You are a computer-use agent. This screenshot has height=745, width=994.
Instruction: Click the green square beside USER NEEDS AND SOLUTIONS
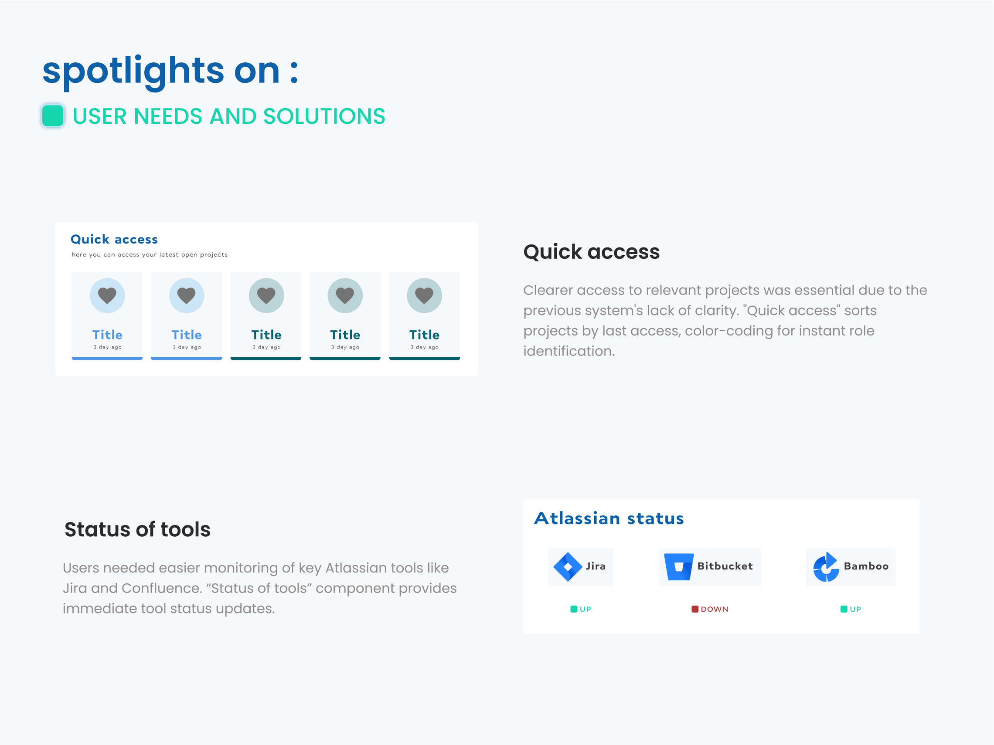pyautogui.click(x=53, y=116)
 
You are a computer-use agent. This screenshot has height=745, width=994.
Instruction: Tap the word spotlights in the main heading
pyautogui.click(x=133, y=72)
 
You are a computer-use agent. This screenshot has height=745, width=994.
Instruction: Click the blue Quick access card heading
pyautogui.click(x=114, y=239)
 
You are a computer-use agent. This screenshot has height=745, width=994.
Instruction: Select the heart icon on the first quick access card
pyautogui.click(x=107, y=295)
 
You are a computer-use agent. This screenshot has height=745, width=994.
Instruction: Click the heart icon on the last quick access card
pyautogui.click(x=424, y=295)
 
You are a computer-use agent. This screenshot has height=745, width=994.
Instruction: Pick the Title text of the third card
pyautogui.click(x=266, y=335)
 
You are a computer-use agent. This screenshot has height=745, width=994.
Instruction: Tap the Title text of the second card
pyautogui.click(x=187, y=335)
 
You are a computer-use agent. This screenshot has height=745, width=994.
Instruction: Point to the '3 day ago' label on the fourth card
pyautogui.click(x=345, y=347)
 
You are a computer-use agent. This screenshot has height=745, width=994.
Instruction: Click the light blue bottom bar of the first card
pyautogui.click(x=107, y=359)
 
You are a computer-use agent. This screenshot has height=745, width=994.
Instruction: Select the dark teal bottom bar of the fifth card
pyautogui.click(x=424, y=359)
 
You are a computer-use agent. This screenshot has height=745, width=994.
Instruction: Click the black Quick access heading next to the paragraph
pyautogui.click(x=591, y=251)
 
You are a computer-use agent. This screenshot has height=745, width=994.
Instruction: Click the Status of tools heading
pyautogui.click(x=137, y=529)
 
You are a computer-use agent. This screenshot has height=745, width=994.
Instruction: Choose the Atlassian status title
pyautogui.click(x=609, y=518)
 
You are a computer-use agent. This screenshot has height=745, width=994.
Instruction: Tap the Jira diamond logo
pyautogui.click(x=568, y=567)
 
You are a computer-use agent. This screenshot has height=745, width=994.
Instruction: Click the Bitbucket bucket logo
pyautogui.click(x=678, y=567)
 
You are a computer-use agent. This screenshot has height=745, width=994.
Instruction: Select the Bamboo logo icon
pyautogui.click(x=826, y=567)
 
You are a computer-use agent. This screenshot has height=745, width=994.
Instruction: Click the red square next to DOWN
pyautogui.click(x=695, y=609)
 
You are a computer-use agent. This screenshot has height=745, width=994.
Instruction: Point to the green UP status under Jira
pyautogui.click(x=581, y=609)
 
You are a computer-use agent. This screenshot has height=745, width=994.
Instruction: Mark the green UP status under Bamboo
pyautogui.click(x=851, y=609)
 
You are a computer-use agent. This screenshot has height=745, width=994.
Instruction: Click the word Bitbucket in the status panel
pyautogui.click(x=725, y=566)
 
